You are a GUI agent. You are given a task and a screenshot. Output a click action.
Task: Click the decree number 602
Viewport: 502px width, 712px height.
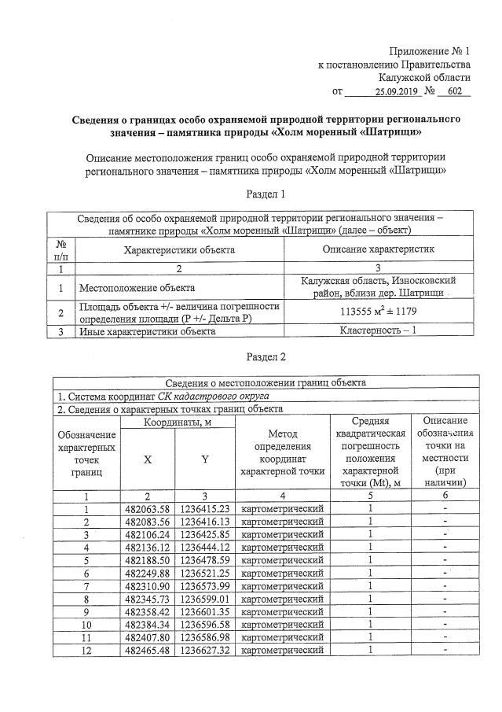click(x=453, y=92)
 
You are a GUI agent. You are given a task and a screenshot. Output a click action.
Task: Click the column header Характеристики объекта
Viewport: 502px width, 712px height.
click(x=180, y=249)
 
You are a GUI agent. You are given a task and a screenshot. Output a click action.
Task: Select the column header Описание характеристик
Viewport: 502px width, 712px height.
click(x=379, y=249)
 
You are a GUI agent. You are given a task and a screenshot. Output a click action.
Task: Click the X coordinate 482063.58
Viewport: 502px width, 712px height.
click(x=148, y=509)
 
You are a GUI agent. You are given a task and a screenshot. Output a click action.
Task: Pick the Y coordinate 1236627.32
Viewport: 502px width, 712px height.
click(x=204, y=650)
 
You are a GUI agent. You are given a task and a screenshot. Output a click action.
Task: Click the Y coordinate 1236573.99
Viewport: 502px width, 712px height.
click(x=204, y=586)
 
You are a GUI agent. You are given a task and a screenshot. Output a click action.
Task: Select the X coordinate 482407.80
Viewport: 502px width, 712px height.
click(x=148, y=637)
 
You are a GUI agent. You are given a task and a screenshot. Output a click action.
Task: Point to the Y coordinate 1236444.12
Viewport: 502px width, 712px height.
click(x=204, y=548)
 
